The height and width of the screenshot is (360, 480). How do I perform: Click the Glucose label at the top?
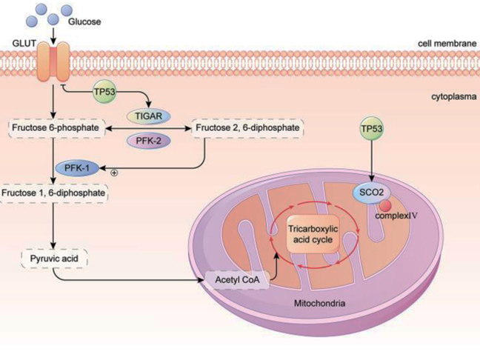83,21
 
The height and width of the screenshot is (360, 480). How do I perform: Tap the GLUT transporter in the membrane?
56,61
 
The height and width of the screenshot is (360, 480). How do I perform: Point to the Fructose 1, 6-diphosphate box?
54,194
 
